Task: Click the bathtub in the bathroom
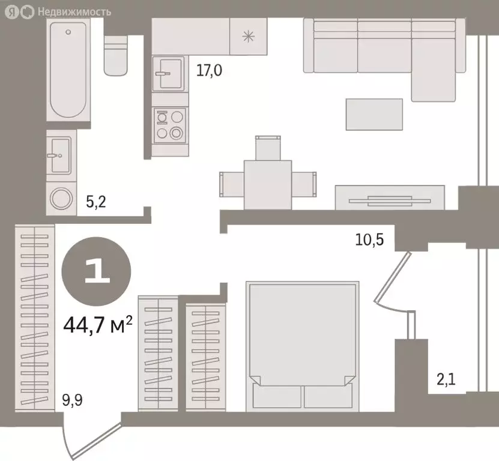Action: tap(68, 70)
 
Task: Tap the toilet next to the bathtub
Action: tap(116, 56)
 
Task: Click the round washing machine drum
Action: tap(61, 199)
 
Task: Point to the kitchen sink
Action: tap(168, 73)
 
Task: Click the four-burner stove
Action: tap(169, 125)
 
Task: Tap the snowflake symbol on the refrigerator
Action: tap(248, 36)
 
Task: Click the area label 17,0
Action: tap(209, 70)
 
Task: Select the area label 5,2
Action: tap(96, 202)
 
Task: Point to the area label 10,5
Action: tap(369, 240)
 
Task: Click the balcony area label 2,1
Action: tap(446, 379)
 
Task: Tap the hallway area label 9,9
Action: tap(72, 400)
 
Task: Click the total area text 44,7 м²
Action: tap(98, 325)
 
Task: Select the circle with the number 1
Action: tap(96, 271)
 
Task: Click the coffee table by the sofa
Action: tap(374, 115)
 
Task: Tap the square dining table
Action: tap(268, 185)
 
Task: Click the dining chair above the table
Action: tap(268, 148)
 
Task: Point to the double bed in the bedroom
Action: tap(302, 346)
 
